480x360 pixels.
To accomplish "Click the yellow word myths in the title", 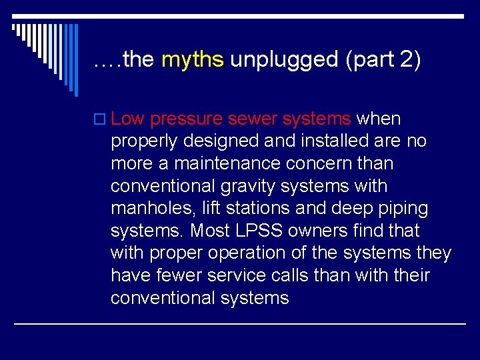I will (x=193, y=60).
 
